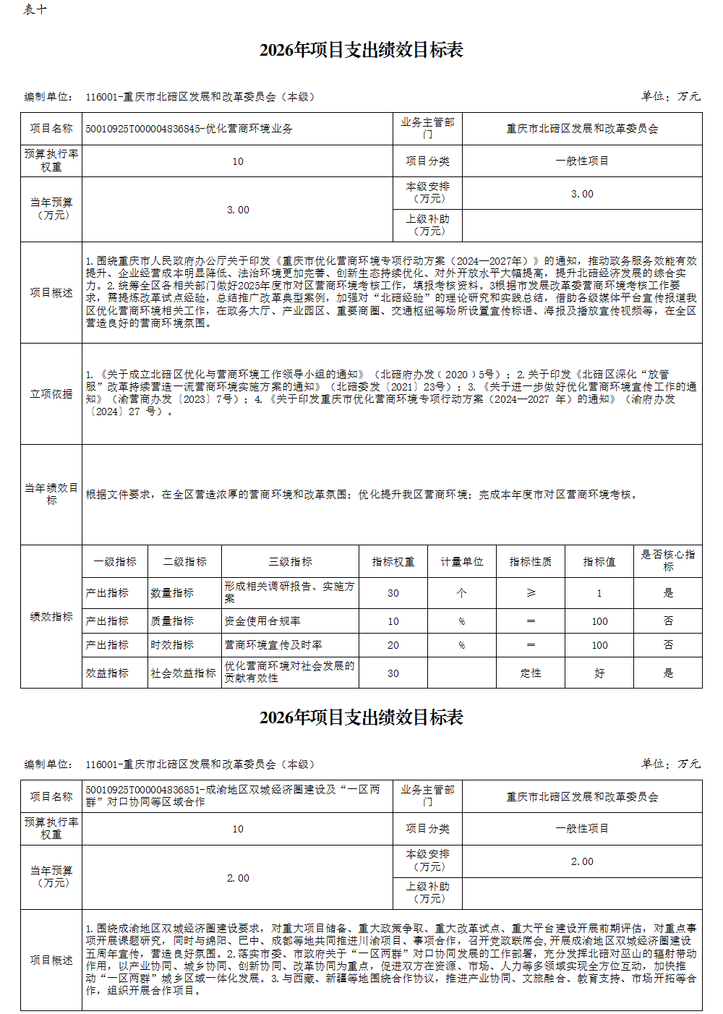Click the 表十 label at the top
(x=35, y=9)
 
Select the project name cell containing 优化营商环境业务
(x=189, y=129)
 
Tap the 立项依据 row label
(x=51, y=393)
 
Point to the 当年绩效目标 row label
(x=51, y=494)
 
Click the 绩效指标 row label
(x=51, y=616)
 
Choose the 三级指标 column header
(x=290, y=561)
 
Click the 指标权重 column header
(x=393, y=561)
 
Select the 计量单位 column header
(x=462, y=561)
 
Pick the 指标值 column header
(x=599, y=561)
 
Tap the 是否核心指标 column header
(x=668, y=561)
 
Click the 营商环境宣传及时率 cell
(x=273, y=644)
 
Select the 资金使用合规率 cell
(x=262, y=621)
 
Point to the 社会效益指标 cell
(x=184, y=673)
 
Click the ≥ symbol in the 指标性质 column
(x=531, y=592)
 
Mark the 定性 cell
(x=531, y=673)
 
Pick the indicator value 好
(x=599, y=673)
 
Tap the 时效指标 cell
(x=172, y=644)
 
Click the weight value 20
(x=393, y=644)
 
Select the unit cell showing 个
(x=462, y=592)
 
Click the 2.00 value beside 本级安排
(x=582, y=861)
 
